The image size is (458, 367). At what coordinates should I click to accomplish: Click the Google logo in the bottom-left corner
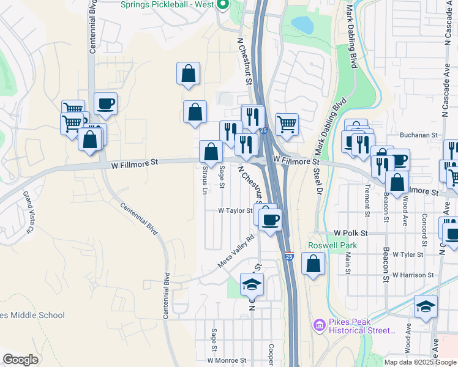(20, 360)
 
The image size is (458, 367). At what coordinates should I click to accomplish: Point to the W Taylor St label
(236, 210)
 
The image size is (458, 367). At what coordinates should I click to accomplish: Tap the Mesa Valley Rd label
(236, 252)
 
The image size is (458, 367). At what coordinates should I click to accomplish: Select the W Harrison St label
(413, 275)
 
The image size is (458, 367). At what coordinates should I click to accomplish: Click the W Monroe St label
(226, 361)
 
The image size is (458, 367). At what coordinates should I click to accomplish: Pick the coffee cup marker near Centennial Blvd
(105, 103)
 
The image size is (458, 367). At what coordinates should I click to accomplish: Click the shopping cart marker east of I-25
(287, 124)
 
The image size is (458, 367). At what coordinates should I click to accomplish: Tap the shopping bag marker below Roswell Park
(313, 264)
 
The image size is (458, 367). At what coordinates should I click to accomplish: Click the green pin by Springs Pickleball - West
(223, 6)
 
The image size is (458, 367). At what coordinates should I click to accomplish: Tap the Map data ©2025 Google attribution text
(420, 362)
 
